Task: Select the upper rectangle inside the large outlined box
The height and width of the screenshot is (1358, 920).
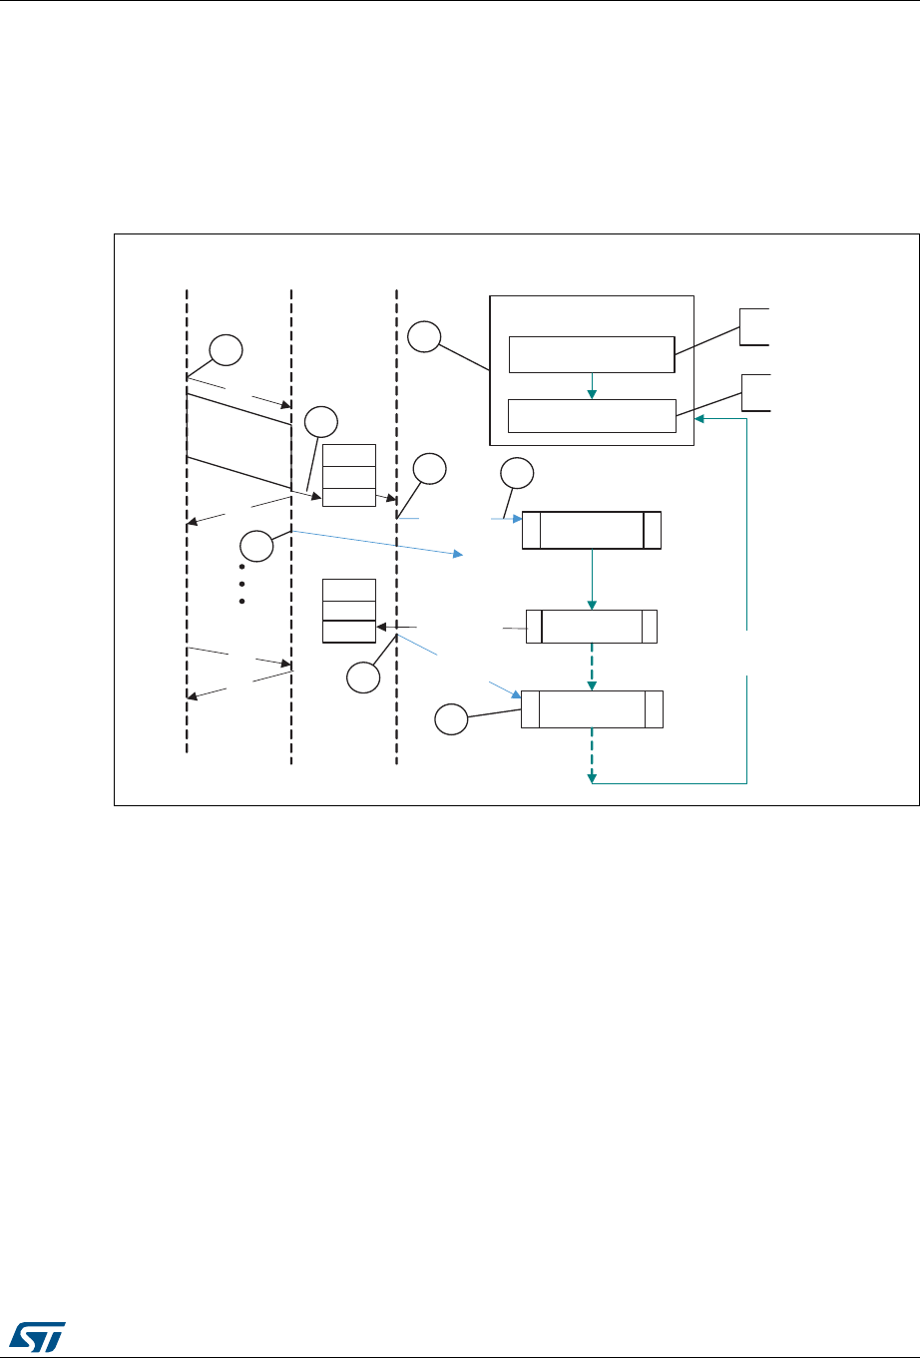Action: click(x=592, y=353)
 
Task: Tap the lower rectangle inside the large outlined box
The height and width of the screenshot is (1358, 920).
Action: click(x=592, y=415)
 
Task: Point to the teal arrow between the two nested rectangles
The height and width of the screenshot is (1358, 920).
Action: click(x=592, y=385)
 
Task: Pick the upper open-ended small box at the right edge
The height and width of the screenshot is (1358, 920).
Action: click(x=753, y=326)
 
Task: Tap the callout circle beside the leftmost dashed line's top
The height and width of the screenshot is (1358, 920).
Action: click(x=226, y=350)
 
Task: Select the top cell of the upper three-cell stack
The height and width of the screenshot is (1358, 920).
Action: click(x=349, y=455)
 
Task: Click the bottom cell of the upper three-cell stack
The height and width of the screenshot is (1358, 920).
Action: click(x=349, y=498)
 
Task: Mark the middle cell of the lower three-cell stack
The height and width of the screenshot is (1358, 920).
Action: click(x=349, y=611)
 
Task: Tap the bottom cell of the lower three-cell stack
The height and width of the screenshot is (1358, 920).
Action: click(x=349, y=632)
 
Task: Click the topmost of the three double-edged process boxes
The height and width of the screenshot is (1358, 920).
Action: click(x=592, y=530)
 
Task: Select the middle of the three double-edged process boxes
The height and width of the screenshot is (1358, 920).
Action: click(x=592, y=626)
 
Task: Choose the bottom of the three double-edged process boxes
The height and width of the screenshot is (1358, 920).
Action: click(x=592, y=708)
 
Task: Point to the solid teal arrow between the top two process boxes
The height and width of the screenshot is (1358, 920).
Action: click(x=593, y=579)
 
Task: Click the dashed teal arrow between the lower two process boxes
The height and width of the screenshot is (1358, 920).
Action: click(x=593, y=667)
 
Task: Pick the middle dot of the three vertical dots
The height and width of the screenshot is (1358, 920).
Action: click(x=242, y=584)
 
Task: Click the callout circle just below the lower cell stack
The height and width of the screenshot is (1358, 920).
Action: click(x=363, y=679)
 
